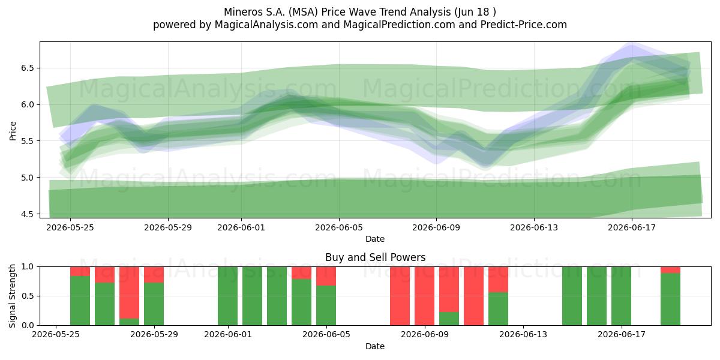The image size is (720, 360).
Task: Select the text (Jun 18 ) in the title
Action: coord(475,12)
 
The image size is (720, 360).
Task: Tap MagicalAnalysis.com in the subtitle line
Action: coord(266,25)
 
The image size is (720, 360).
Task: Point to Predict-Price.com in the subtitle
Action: coord(524,25)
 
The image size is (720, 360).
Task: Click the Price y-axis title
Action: coord(13,131)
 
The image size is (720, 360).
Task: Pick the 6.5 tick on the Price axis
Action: coord(28,68)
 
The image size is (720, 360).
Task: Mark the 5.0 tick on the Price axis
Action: coord(28,178)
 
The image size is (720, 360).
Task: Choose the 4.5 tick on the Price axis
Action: coord(28,214)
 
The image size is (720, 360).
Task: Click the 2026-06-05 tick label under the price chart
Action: coord(339,227)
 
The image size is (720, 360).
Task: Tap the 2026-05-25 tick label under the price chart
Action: coord(70,227)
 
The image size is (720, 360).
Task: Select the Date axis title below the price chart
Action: coord(375,239)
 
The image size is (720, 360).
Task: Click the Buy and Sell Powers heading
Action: coord(375,257)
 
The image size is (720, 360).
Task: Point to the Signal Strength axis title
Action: coord(12,296)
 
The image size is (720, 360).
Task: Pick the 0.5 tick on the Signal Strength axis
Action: coord(28,296)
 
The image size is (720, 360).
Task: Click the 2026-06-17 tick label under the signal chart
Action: coord(622,335)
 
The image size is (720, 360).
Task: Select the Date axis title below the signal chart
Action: coord(375,346)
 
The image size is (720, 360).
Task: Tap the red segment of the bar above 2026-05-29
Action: coord(154,275)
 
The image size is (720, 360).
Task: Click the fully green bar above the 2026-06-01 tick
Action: coord(227,296)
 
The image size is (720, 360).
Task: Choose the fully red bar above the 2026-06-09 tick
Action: coord(424,296)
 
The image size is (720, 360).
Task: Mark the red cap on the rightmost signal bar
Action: coord(670,270)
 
